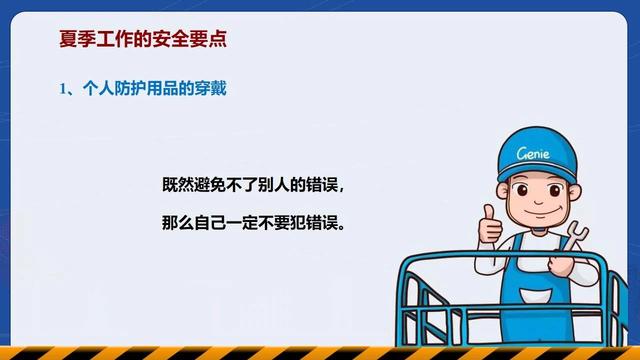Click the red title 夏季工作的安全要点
[x=143, y=38]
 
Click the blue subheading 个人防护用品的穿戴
[x=154, y=88]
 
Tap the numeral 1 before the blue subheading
[x=62, y=89]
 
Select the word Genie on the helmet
[x=533, y=153]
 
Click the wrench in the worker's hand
[x=575, y=236]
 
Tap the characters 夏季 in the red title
[x=77, y=38]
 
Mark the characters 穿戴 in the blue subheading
[x=210, y=88]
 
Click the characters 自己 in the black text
[x=210, y=222]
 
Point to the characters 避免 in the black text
[x=210, y=185]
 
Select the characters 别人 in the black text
[x=274, y=185]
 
